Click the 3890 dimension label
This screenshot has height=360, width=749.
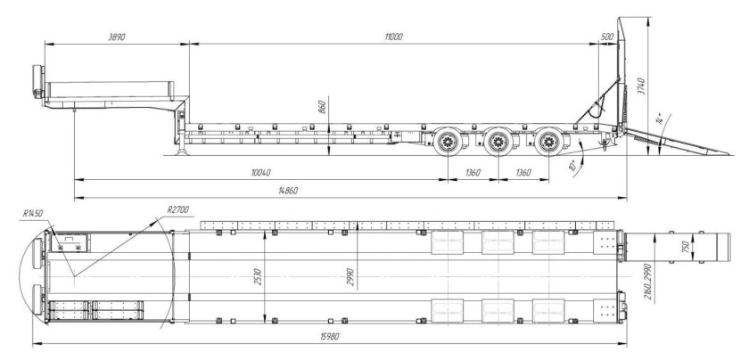click(x=117, y=37)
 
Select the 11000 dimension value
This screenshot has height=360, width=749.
click(x=393, y=37)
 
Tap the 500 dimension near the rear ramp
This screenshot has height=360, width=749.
click(x=607, y=37)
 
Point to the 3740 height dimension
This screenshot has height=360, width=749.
click(x=641, y=86)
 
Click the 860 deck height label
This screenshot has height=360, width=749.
click(x=322, y=108)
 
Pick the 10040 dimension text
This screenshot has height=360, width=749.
click(x=260, y=173)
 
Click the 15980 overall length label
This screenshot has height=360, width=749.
click(x=329, y=337)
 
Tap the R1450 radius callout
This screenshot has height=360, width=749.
click(x=32, y=214)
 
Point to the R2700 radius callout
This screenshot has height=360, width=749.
click(x=178, y=209)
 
